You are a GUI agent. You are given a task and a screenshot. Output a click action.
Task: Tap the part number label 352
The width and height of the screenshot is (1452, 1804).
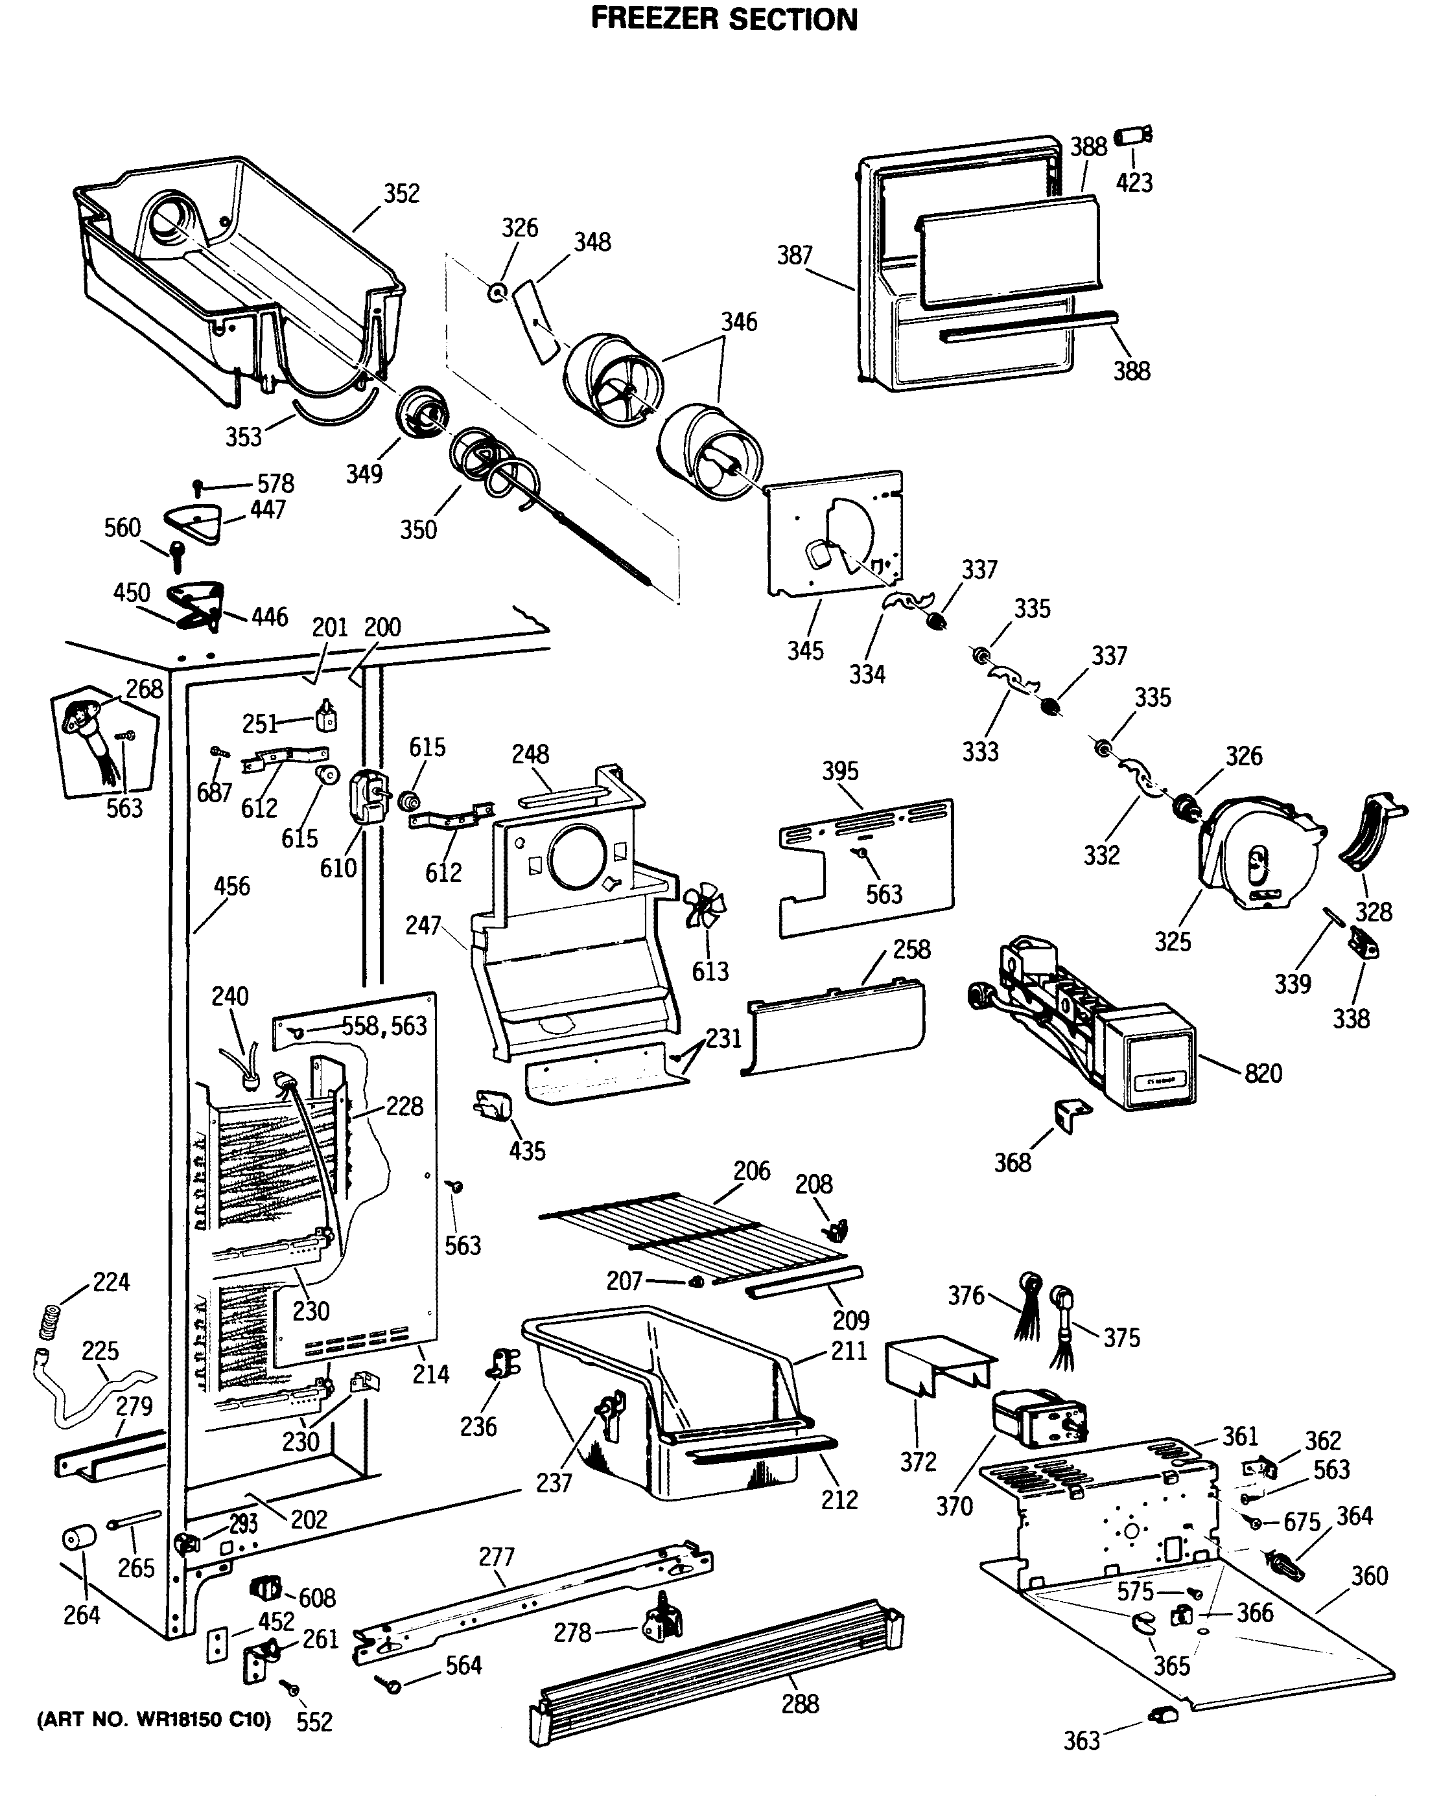[x=402, y=193]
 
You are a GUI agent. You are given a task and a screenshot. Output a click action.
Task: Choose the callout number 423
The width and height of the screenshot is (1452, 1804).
[x=1134, y=182]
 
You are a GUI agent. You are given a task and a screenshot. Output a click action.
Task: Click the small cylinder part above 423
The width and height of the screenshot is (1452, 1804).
[x=1133, y=135]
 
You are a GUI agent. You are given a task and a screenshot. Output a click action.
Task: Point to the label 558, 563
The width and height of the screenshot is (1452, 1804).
[x=384, y=1026]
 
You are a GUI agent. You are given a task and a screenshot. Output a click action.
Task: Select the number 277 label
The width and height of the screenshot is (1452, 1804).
[x=497, y=1556]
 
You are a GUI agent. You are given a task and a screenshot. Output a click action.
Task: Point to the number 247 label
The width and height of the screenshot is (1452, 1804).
[x=423, y=925]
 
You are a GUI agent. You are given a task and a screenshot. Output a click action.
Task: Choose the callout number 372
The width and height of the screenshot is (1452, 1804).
[x=918, y=1462]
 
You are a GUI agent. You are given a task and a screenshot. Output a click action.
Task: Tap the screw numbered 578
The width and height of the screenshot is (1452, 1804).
[x=198, y=486]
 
